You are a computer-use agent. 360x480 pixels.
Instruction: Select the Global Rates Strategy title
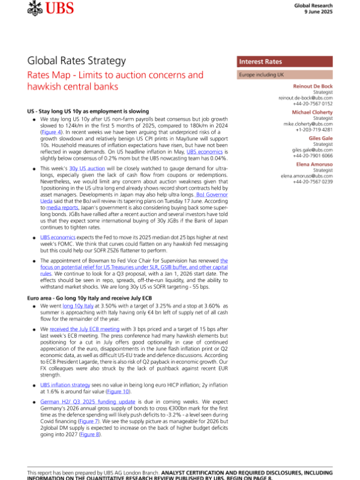click(x=76, y=61)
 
